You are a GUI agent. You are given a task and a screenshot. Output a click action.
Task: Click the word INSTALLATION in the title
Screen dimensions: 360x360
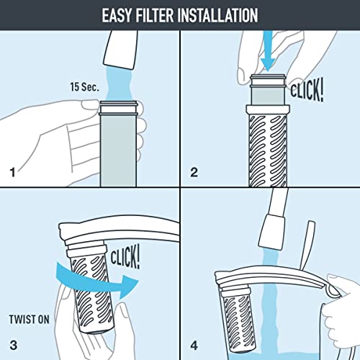tap(224, 14)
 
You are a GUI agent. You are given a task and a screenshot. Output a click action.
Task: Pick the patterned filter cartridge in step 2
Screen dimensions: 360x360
tap(268, 144)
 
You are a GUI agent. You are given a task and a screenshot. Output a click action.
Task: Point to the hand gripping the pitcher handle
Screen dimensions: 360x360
tap(338, 302)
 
